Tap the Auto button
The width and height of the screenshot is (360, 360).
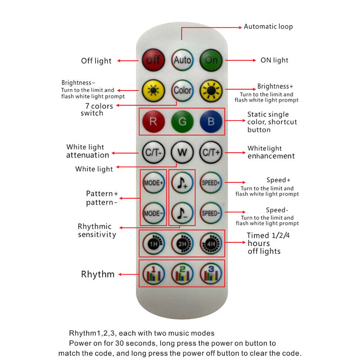click(182, 60)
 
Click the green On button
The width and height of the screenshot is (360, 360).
click(211, 60)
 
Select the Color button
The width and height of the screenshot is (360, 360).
click(182, 90)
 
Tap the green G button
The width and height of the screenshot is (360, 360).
click(182, 121)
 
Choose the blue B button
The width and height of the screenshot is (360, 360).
click(211, 121)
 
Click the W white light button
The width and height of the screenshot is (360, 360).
click(182, 152)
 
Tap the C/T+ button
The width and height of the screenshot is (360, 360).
click(211, 152)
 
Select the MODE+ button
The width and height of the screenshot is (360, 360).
click(153, 183)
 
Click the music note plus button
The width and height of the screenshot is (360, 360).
click(182, 183)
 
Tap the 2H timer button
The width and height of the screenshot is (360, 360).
click(182, 243)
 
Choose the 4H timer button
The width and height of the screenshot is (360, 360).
click(211, 243)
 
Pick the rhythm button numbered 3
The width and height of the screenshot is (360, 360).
click(211, 274)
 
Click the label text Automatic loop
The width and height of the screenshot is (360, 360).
click(268, 27)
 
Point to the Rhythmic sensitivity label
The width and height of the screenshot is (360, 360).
click(97, 230)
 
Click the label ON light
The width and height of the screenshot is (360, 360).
click(274, 60)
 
